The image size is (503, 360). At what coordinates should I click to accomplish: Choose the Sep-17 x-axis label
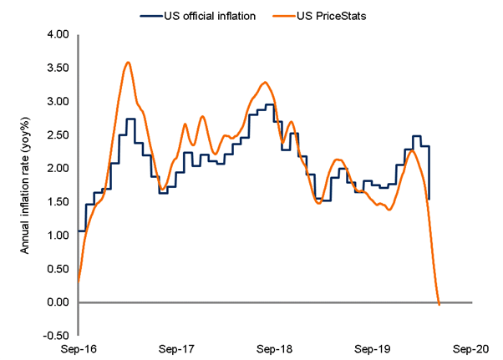click(176, 350)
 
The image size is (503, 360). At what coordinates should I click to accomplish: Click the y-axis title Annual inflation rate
click(25, 185)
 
